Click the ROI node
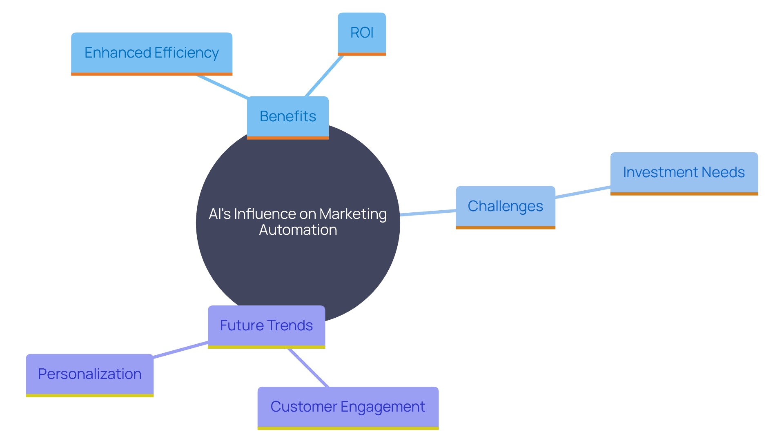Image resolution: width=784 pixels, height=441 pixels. tap(361, 33)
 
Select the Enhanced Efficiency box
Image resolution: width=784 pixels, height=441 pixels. tap(151, 53)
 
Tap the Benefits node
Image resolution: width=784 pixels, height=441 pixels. tap(287, 117)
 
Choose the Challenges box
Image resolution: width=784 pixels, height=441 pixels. tap(505, 207)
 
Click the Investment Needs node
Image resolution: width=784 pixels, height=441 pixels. tap(684, 173)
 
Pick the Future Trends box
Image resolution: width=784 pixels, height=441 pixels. tap(266, 326)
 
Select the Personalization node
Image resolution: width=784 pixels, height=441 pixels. tap(89, 374)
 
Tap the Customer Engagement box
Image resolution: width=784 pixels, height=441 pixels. tap(348, 407)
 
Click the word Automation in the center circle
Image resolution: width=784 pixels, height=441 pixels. tap(298, 230)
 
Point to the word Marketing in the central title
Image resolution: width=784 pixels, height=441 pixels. tap(353, 214)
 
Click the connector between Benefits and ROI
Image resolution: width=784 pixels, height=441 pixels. tap(324, 76)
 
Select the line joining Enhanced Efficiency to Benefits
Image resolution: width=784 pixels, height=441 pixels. tap(222, 87)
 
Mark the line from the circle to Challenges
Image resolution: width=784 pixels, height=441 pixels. tap(428, 212)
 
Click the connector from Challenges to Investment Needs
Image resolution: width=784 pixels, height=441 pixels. tap(583, 192)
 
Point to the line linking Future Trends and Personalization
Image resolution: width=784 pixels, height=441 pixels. tap(180, 350)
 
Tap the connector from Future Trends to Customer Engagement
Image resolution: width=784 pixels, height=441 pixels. tap(308, 367)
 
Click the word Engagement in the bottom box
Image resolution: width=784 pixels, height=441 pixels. tap(383, 407)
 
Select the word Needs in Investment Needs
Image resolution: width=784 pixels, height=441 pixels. tap(723, 173)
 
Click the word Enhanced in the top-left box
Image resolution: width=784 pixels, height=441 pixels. tap(118, 53)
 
